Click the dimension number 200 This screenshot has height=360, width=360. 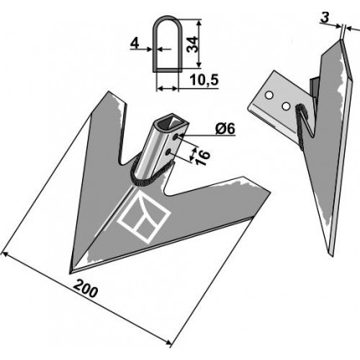[85, 289]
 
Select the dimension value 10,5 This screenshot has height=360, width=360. [203, 80]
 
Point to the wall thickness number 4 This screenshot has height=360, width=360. [135, 44]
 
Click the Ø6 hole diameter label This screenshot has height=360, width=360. [225, 129]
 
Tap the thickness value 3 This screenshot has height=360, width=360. [325, 18]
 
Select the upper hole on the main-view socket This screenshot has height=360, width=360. [175, 136]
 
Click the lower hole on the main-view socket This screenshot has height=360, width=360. [168, 152]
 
